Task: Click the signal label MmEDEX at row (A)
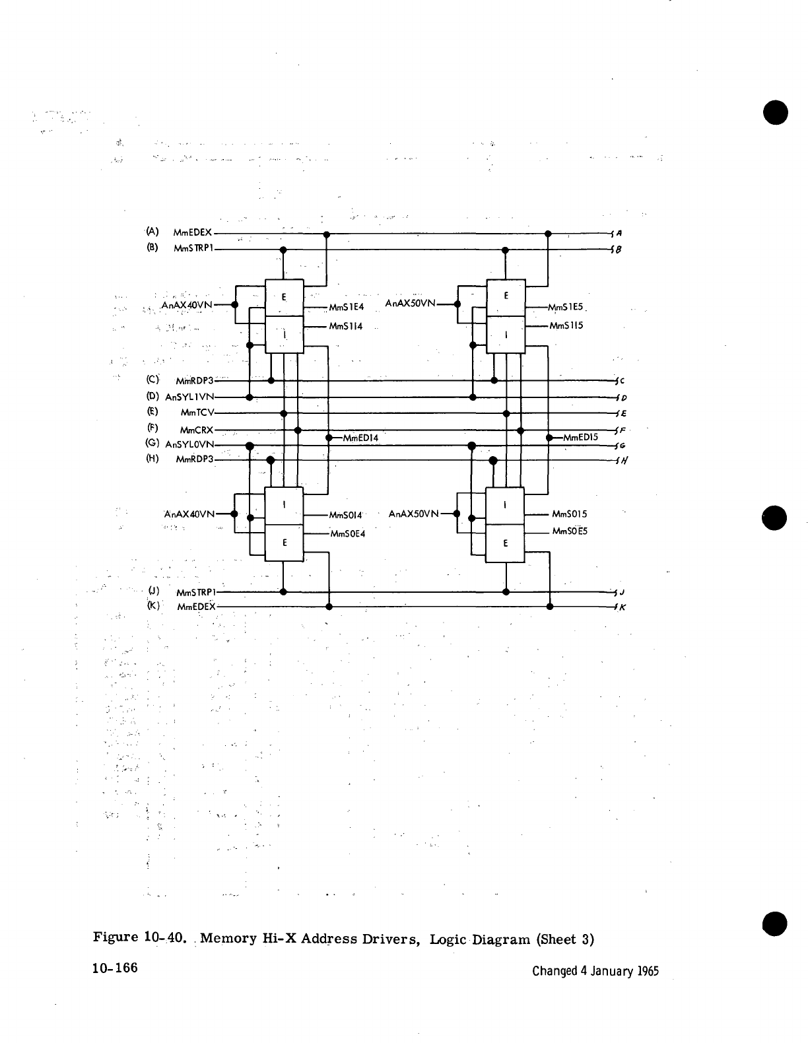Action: point(192,232)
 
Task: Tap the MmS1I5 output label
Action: point(566,325)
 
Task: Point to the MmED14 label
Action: point(360,437)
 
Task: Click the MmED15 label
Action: point(580,437)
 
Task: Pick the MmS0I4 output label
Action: point(345,514)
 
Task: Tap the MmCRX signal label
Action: point(196,430)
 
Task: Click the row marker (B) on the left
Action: point(152,248)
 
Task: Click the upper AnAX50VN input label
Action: point(411,304)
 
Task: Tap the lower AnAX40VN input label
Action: point(189,514)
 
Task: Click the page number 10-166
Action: point(115,968)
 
